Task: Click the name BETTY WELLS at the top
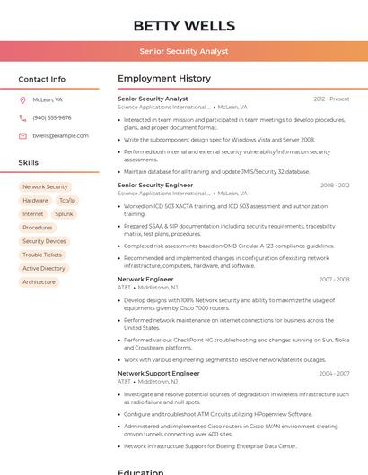pyautogui.click(x=184, y=26)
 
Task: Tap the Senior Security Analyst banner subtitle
pyautogui.click(x=184, y=52)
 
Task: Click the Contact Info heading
pyautogui.click(x=42, y=79)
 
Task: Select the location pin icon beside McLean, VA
pyautogui.click(x=22, y=99)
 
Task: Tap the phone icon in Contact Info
pyautogui.click(x=22, y=117)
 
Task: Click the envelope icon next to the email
pyautogui.click(x=22, y=135)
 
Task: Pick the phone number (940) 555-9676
pyautogui.click(x=52, y=117)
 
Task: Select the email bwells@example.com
pyautogui.click(x=60, y=135)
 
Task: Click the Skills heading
pyautogui.click(x=29, y=162)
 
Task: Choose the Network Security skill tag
pyautogui.click(x=45, y=186)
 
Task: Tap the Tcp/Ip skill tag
pyautogui.click(x=67, y=201)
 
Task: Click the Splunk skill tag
pyautogui.click(x=64, y=214)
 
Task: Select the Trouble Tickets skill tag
pyautogui.click(x=42, y=255)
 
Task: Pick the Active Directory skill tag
pyautogui.click(x=44, y=268)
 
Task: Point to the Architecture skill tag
pyautogui.click(x=39, y=281)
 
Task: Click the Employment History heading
pyautogui.click(x=164, y=79)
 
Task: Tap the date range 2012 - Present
pyautogui.click(x=331, y=99)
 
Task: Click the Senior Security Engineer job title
pyautogui.click(x=155, y=185)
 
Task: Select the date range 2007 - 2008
pyautogui.click(x=334, y=279)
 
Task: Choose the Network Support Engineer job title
pyautogui.click(x=159, y=373)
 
